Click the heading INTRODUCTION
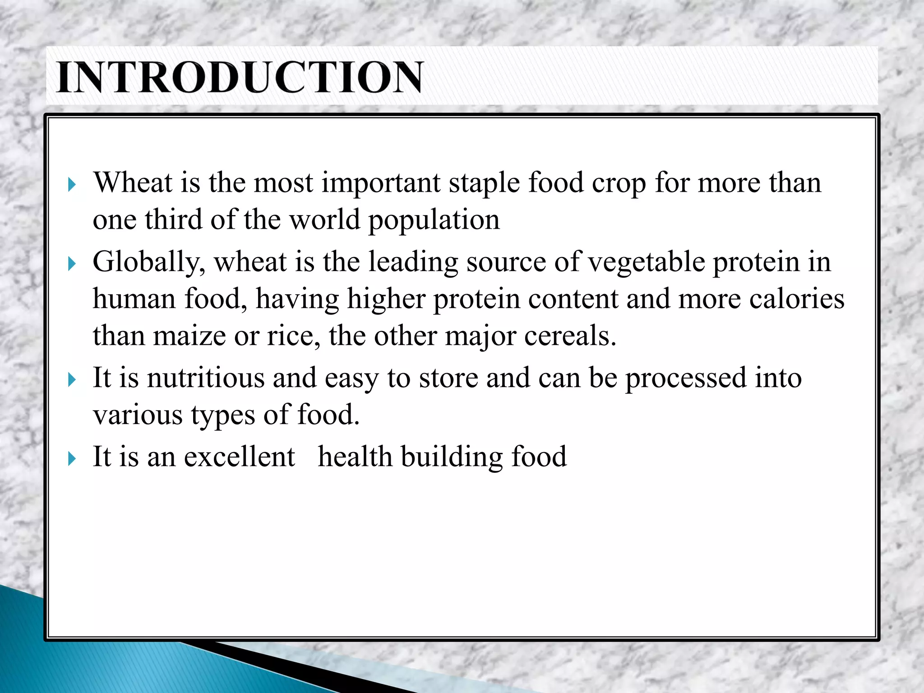coord(240,77)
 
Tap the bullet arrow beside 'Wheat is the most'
coord(72,184)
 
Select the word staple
coord(484,184)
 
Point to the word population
coord(434,221)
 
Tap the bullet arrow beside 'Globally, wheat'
coord(72,263)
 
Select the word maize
coord(189,336)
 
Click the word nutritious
coord(206,378)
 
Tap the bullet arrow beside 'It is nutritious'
coord(72,379)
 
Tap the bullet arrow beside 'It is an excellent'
coord(72,459)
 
